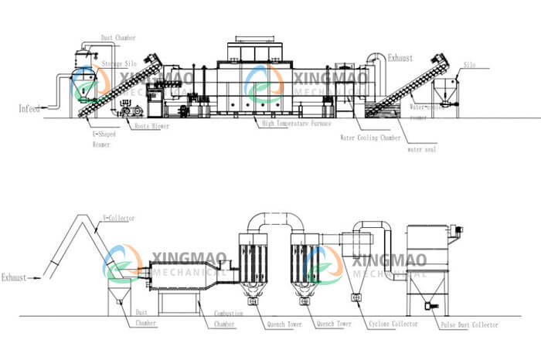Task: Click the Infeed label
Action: [x=29, y=108]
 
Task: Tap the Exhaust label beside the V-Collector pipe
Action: [x=15, y=276]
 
